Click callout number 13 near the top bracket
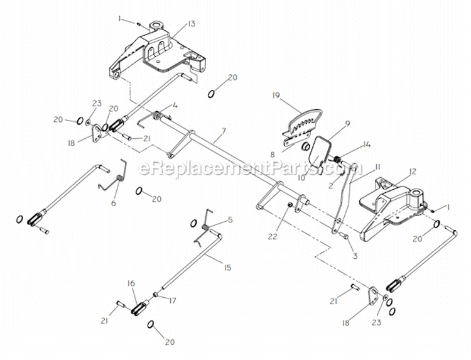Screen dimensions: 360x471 (192, 23)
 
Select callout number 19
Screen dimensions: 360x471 (275, 95)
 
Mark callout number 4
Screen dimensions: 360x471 (175, 105)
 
